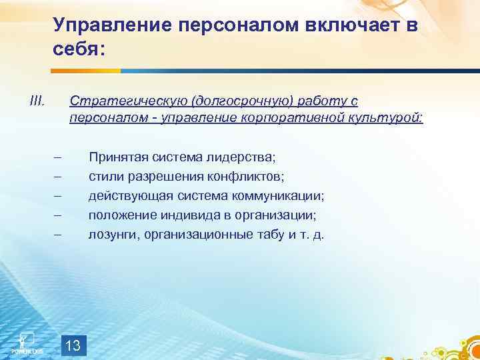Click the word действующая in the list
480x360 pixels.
point(126,196)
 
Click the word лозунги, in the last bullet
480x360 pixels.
point(111,235)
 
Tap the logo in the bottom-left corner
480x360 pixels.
point(27,342)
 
